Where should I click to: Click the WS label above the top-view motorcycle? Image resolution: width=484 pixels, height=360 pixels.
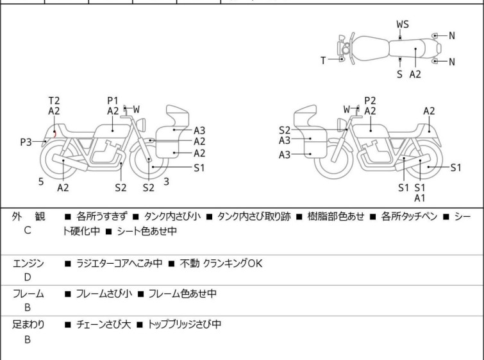click(x=403, y=24)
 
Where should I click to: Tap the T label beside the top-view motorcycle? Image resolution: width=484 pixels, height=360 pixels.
click(x=323, y=60)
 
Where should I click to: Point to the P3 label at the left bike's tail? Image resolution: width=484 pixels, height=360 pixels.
click(x=26, y=142)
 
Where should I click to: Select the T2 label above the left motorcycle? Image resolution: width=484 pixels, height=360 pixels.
click(x=54, y=100)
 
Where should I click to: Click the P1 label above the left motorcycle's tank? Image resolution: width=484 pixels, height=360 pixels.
click(x=113, y=100)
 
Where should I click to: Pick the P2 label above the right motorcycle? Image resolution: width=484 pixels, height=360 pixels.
click(x=370, y=100)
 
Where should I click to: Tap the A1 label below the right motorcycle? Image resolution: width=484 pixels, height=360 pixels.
click(x=419, y=198)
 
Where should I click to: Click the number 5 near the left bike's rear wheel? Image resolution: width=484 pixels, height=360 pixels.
click(x=41, y=182)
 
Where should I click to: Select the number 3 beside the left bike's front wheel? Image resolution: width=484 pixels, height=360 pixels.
click(x=166, y=182)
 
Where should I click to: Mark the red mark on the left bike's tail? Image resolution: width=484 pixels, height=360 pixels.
click(x=55, y=133)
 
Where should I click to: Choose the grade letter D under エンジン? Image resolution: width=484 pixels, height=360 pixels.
click(x=28, y=277)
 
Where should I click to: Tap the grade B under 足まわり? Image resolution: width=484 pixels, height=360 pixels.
click(x=28, y=339)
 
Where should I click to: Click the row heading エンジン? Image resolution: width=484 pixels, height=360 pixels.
click(x=28, y=264)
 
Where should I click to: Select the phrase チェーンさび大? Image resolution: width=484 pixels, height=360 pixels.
click(x=104, y=325)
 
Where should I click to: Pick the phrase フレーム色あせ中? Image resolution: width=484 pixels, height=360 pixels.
click(x=183, y=294)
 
